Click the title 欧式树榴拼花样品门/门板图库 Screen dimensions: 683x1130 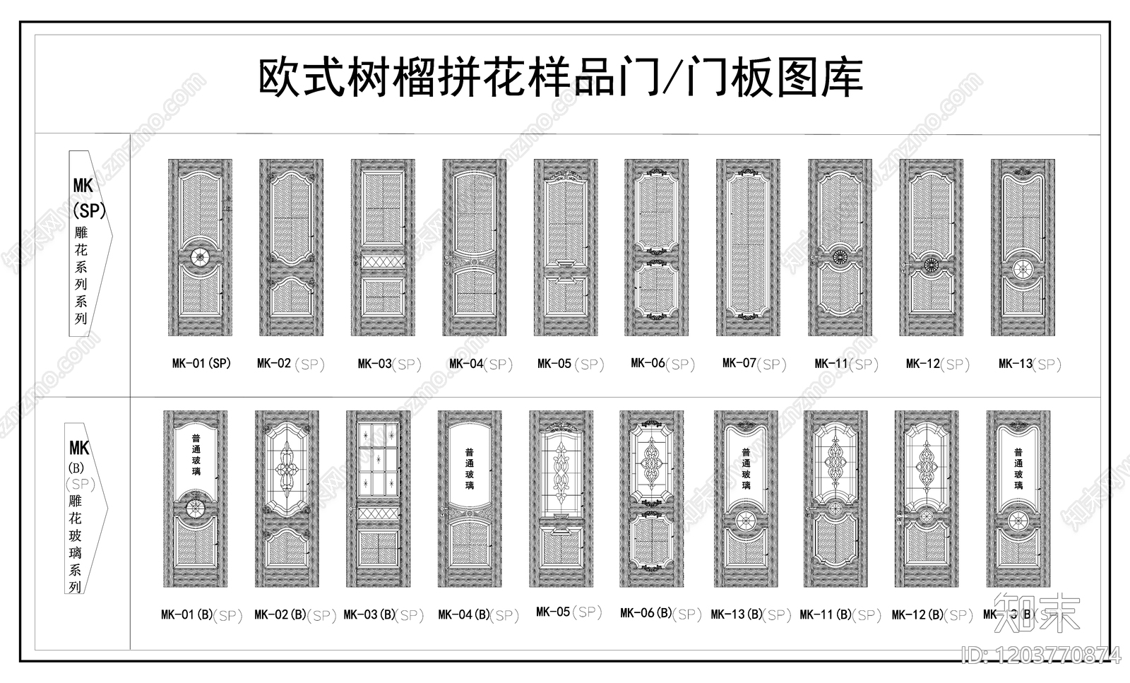(x=561, y=78)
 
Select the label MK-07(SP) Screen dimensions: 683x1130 (x=754, y=364)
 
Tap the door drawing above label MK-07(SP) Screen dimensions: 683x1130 (x=748, y=247)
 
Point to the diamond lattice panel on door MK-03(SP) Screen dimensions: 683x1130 (x=383, y=262)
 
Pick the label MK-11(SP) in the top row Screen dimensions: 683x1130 (x=846, y=364)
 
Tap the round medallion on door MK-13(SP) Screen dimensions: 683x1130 (x=1023, y=269)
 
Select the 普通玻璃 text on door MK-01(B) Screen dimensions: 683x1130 (x=196, y=455)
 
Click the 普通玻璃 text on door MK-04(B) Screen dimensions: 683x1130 (x=470, y=469)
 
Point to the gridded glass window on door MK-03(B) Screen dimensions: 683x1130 (x=379, y=461)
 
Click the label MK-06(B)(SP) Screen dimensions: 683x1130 (x=660, y=614)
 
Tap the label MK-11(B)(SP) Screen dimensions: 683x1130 (x=840, y=615)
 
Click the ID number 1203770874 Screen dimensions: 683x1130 (x=1041, y=656)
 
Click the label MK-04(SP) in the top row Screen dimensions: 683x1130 (x=481, y=364)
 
